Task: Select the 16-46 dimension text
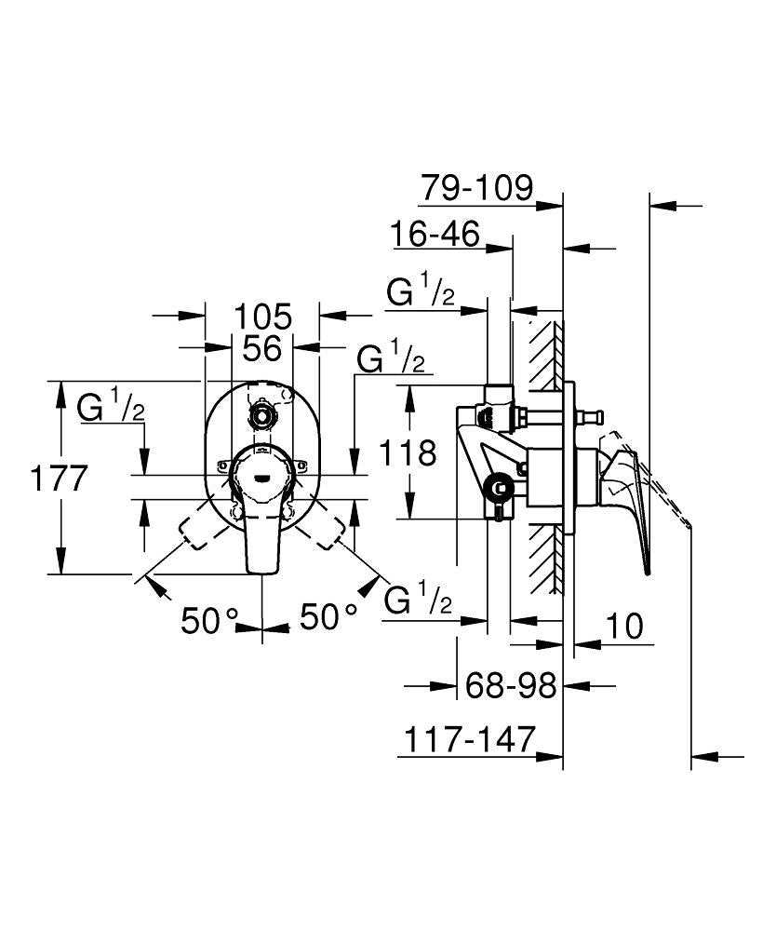pyautogui.click(x=435, y=235)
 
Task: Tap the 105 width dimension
pyautogui.click(x=262, y=316)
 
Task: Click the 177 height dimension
pyautogui.click(x=59, y=479)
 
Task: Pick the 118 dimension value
pyautogui.click(x=408, y=453)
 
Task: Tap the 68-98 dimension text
pyautogui.click(x=510, y=686)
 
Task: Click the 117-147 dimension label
pyautogui.click(x=470, y=740)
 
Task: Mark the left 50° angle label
pyautogui.click(x=210, y=619)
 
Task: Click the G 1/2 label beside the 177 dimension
pyautogui.click(x=111, y=406)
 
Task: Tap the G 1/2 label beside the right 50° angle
pyautogui.click(x=420, y=600)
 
